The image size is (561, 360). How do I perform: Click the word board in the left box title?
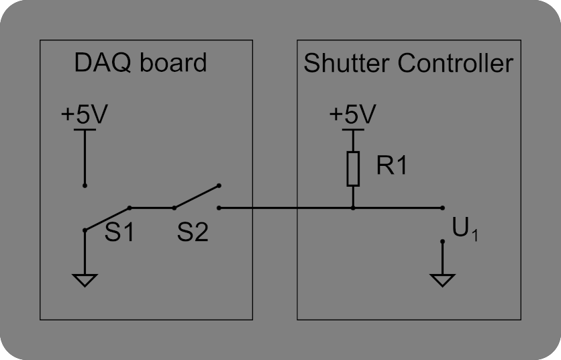click(x=174, y=63)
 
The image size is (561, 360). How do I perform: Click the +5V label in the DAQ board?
click(x=83, y=115)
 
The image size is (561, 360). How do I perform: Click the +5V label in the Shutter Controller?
click(x=352, y=114)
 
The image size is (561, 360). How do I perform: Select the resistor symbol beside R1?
click(x=353, y=169)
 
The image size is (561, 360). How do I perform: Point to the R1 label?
click(x=391, y=166)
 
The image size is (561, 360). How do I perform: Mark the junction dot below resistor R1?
click(x=353, y=208)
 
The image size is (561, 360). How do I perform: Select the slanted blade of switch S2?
click(x=196, y=197)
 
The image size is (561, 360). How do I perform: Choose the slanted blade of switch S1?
click(x=107, y=219)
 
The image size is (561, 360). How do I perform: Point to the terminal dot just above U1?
click(x=442, y=208)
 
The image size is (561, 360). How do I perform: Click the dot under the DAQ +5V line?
click(x=85, y=185)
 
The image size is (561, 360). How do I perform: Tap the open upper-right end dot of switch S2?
click(x=219, y=185)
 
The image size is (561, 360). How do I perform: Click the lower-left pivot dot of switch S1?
click(x=85, y=230)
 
